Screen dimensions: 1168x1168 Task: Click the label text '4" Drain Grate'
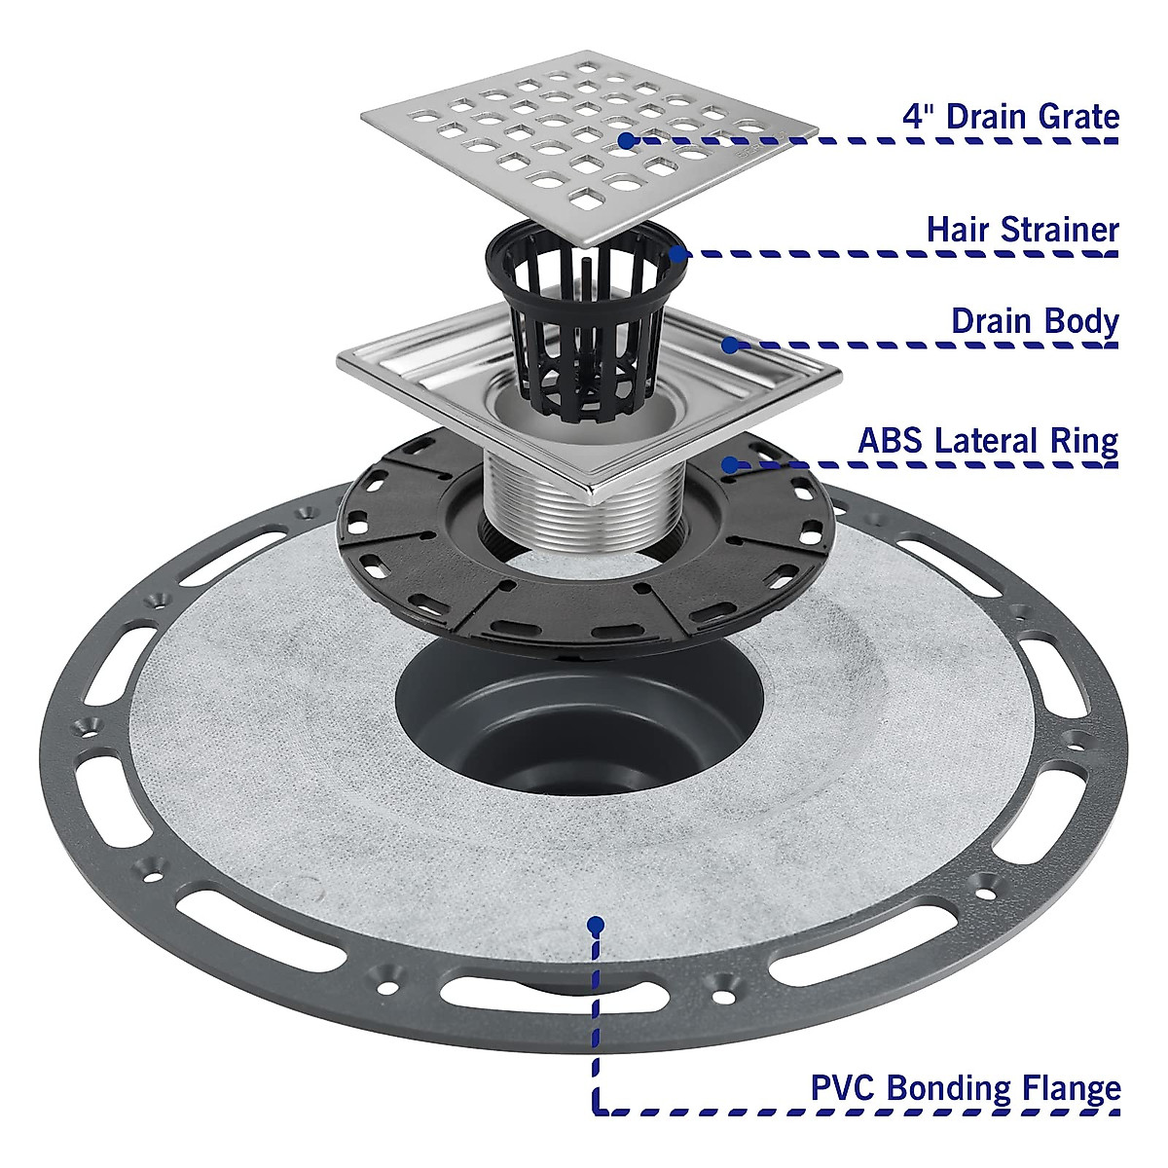pos(1011,117)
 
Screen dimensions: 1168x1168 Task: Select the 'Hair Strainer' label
pos(1022,230)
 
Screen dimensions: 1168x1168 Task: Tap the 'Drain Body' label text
pos(1035,321)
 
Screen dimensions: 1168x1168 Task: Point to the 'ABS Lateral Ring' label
pos(987,440)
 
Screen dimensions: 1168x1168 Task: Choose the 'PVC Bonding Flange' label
pos(966,1087)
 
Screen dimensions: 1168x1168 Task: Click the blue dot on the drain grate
pos(627,140)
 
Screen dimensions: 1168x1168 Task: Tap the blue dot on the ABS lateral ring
pos(728,464)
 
